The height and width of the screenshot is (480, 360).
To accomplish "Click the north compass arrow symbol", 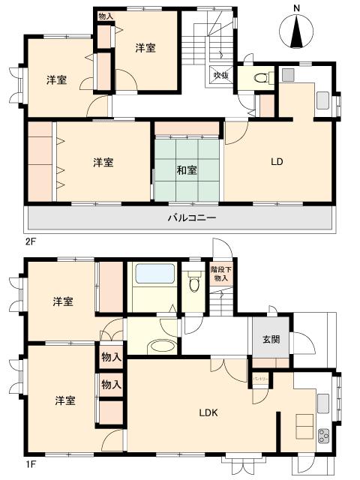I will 297,31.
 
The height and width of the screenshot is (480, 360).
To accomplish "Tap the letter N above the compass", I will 297,8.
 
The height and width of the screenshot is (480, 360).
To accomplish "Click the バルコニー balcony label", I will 191,218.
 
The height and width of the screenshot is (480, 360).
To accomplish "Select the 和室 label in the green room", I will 187,170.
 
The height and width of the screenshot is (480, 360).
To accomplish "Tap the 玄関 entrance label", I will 271,339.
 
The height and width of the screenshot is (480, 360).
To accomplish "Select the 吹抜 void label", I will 220,75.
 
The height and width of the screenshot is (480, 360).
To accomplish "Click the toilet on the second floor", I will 261,78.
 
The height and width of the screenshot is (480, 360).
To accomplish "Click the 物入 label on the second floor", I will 106,16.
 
